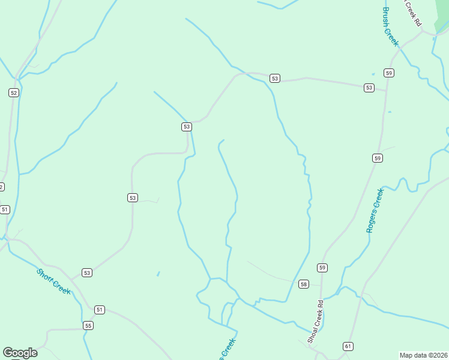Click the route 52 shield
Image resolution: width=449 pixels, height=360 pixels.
click(x=13, y=92)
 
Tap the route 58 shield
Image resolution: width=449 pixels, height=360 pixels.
click(x=304, y=284)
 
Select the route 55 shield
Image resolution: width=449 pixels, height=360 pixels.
click(x=88, y=326)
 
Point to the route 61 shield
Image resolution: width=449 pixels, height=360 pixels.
click(x=348, y=346)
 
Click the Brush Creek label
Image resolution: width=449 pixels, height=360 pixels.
click(x=390, y=26)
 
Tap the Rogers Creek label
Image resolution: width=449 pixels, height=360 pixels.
click(x=374, y=211)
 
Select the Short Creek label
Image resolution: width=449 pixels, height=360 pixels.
click(x=53, y=281)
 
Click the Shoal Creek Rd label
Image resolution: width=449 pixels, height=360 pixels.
click(x=316, y=321)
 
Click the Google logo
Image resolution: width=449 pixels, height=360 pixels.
click(x=20, y=353)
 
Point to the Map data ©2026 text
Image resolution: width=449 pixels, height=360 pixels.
click(x=423, y=355)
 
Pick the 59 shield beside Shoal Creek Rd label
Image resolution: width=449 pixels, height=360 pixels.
click(x=322, y=268)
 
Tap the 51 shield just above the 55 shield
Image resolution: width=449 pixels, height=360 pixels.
click(x=100, y=310)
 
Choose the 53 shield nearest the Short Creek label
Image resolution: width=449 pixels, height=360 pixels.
click(x=87, y=273)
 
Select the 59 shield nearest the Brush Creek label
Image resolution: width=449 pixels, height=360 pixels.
click(x=389, y=73)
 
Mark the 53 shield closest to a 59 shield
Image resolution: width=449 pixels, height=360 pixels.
click(x=369, y=88)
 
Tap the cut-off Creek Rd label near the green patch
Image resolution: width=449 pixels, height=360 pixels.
click(x=411, y=13)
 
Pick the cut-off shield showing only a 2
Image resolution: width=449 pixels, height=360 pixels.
click(x=1, y=187)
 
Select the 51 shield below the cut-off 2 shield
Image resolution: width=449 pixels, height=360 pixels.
click(x=5, y=209)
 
